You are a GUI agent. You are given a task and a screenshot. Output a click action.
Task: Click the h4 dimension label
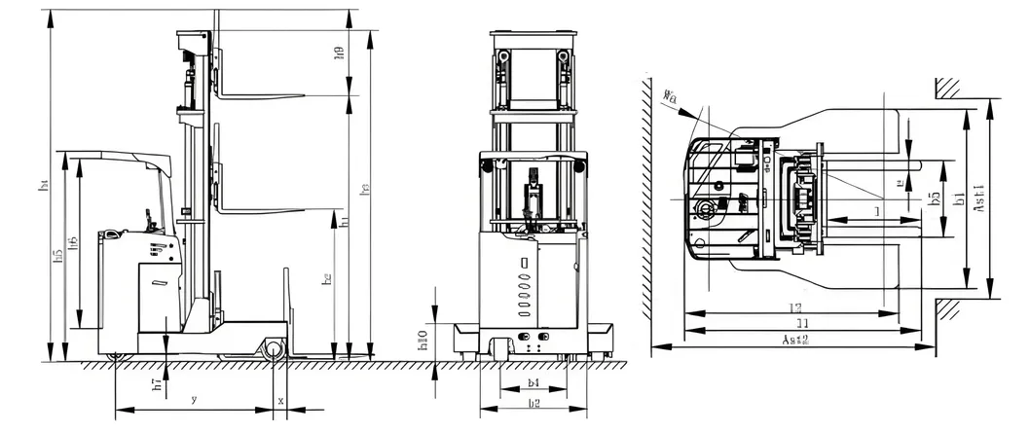pos(43,185)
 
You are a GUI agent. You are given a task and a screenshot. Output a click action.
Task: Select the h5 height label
pos(59,255)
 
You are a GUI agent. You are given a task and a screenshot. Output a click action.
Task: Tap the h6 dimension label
pos(74,242)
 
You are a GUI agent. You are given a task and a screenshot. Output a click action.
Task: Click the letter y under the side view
pos(194,400)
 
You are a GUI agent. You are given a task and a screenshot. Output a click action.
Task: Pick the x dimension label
pos(281,400)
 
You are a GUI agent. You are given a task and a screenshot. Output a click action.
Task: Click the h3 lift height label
pos(365,192)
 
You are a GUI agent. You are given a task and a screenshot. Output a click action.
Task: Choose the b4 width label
pos(533,383)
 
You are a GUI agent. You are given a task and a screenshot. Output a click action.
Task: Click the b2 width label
pos(533,403)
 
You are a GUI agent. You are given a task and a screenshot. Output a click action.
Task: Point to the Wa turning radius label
pos(669,95)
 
